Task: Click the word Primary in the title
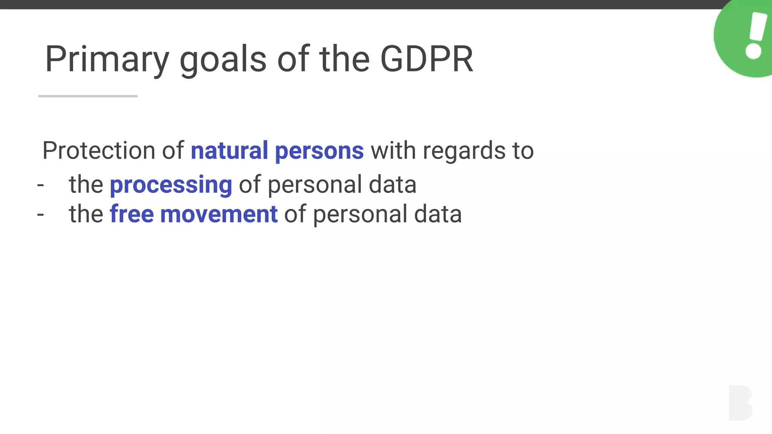(107, 60)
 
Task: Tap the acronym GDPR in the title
(426, 60)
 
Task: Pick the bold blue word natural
(229, 150)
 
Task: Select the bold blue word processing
(171, 185)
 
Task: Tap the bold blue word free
(132, 214)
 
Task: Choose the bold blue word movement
(219, 214)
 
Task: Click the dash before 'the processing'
(41, 185)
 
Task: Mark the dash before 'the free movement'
(41, 215)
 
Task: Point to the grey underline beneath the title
(88, 96)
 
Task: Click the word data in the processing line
(392, 185)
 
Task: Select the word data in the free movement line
(438, 214)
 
